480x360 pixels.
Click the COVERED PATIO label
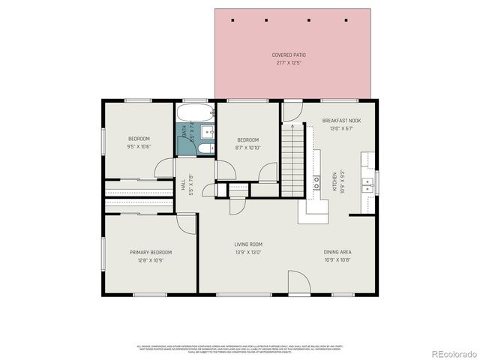tap(289, 55)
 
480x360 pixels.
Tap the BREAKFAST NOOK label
tap(341, 121)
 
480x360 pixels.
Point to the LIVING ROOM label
tap(247, 244)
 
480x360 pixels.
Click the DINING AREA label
tap(337, 252)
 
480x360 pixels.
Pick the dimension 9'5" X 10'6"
tap(139, 147)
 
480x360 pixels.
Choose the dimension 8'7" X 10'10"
tap(247, 148)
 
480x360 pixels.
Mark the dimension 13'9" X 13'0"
tap(247, 252)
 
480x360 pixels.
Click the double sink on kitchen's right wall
tap(367, 181)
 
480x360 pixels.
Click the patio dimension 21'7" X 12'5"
tap(289, 62)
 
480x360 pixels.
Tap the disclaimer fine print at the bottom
tap(239, 348)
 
